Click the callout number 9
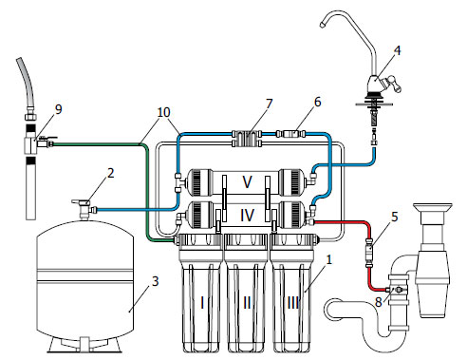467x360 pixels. click(59, 109)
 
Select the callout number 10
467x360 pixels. click(164, 112)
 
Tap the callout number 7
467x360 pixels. click(270, 104)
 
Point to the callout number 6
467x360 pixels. click(317, 102)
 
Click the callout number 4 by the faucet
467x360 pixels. click(397, 50)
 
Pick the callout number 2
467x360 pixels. click(110, 173)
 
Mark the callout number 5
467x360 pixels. click(394, 217)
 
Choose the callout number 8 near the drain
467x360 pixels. click(379, 302)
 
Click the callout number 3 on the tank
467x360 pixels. click(155, 281)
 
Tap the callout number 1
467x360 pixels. click(329, 260)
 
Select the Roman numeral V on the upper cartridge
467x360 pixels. click(247, 182)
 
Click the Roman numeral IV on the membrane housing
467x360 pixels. click(247, 216)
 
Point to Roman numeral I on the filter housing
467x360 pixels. click(202, 303)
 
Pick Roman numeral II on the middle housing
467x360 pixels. click(247, 303)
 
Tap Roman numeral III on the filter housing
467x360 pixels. click(292, 303)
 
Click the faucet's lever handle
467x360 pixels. click(392, 83)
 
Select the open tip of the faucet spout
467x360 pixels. click(322, 25)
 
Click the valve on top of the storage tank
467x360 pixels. click(84, 208)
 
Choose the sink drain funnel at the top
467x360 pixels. click(432, 208)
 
